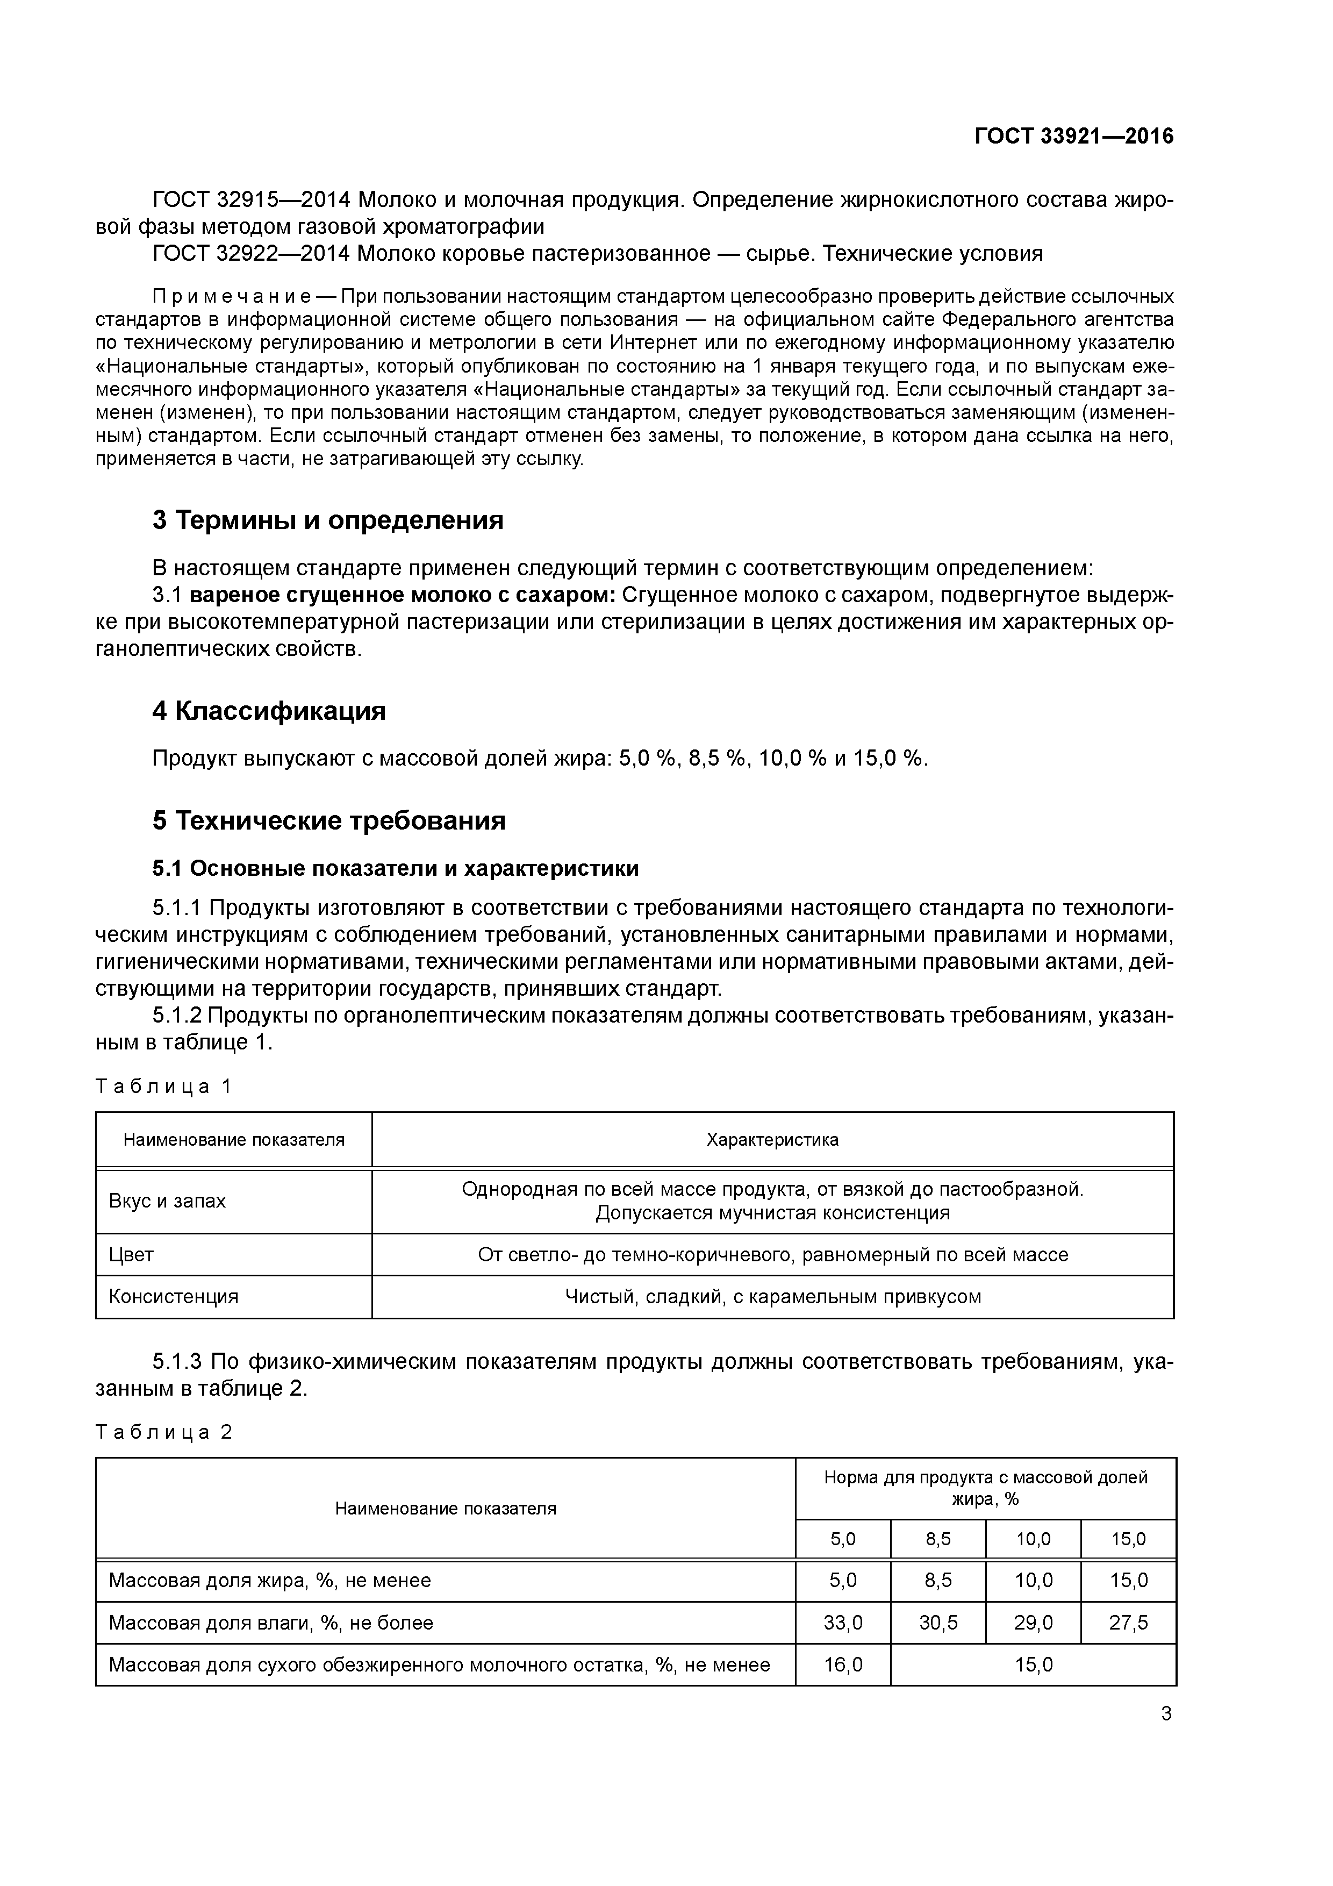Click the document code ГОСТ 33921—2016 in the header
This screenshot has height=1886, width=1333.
1074,137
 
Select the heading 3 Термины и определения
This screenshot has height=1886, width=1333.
328,520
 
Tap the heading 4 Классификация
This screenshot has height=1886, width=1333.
269,711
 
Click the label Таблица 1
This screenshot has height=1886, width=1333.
164,1087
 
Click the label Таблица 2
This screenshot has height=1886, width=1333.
164,1433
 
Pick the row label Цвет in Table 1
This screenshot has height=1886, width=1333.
131,1254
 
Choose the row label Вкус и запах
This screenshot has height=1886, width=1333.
167,1201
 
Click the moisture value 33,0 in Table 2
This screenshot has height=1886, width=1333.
843,1623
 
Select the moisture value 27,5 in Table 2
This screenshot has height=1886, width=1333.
1129,1623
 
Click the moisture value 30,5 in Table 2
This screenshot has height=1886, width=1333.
938,1623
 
